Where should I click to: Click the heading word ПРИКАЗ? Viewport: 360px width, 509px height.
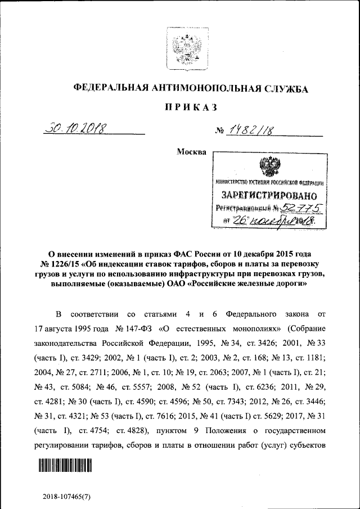coord(191,107)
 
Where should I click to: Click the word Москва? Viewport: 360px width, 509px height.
coord(191,152)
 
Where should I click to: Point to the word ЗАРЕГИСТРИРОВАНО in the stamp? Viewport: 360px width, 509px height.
coord(269,196)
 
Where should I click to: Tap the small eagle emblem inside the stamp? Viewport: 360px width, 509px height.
coord(269,168)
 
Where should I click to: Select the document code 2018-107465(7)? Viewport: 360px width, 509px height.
coord(66,497)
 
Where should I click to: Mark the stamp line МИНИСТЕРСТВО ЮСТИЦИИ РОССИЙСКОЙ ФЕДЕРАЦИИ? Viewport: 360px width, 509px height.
coord(269,183)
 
